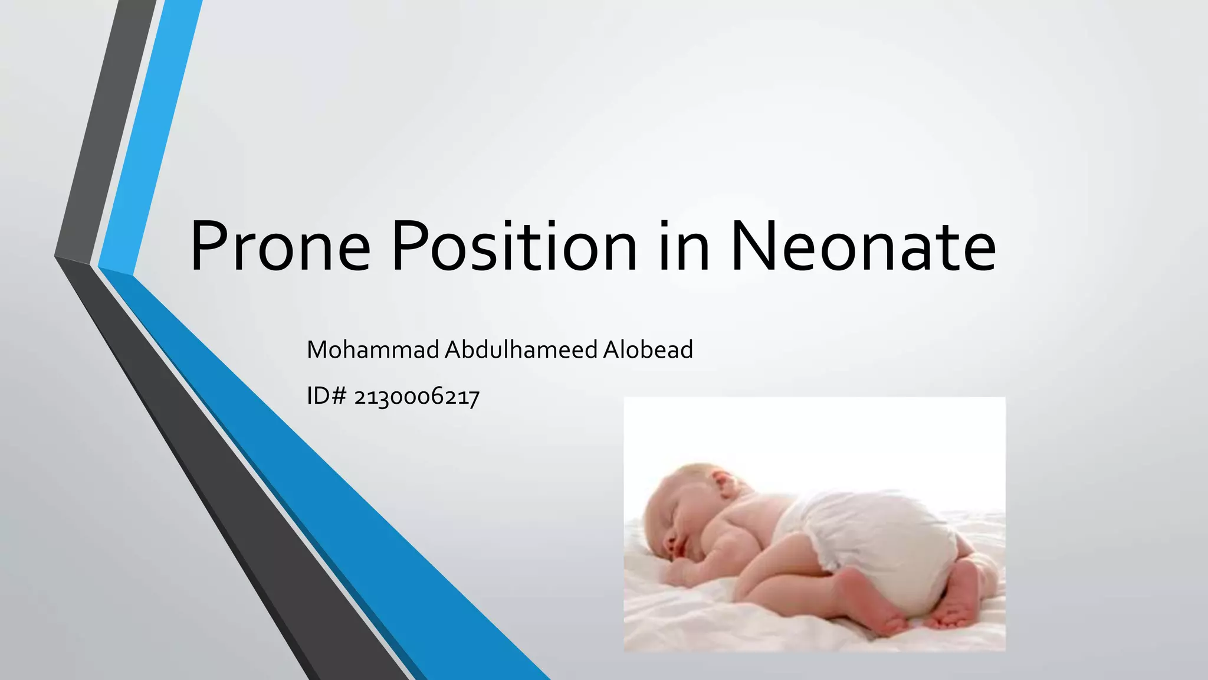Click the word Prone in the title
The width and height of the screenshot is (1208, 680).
[280, 246]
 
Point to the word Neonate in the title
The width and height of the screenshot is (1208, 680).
[863, 246]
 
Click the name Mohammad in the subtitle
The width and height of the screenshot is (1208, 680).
[373, 350]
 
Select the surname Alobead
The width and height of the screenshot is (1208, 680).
[648, 350]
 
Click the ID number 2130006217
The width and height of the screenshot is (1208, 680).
[416, 397]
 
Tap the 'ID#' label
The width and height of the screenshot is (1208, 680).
[326, 397]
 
